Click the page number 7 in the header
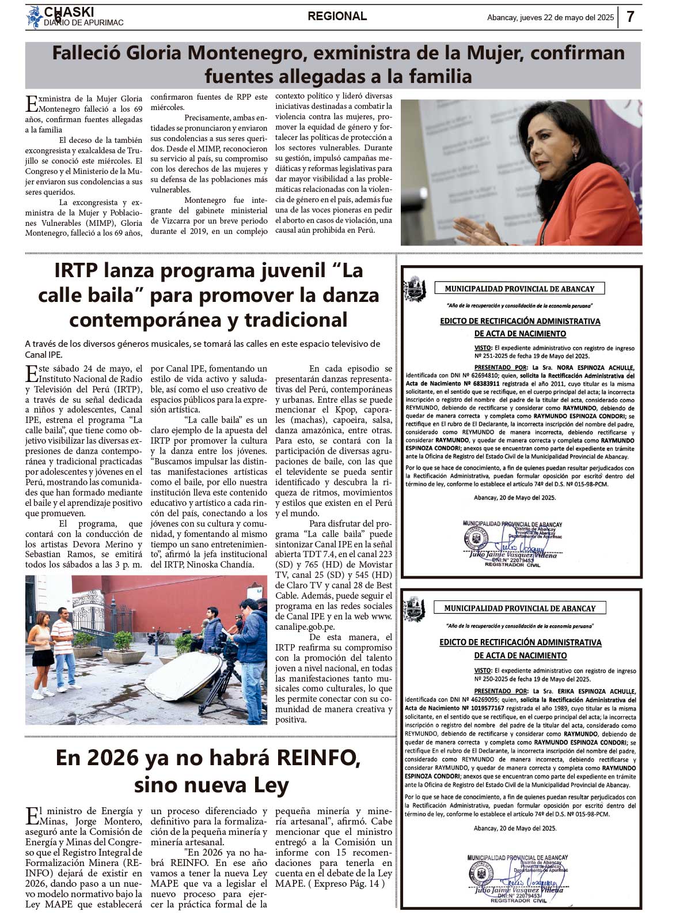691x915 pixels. point(631,17)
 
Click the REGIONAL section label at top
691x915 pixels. point(337,17)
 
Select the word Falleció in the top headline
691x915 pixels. point(82,54)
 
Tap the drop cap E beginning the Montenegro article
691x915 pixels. point(31,103)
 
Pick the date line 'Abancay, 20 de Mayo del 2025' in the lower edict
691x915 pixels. point(515,828)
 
